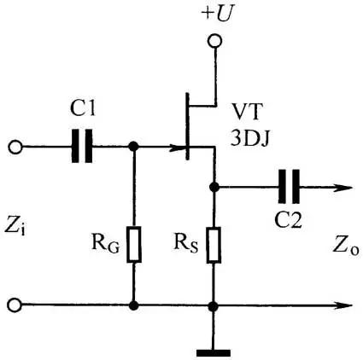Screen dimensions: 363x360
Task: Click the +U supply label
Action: (x=216, y=14)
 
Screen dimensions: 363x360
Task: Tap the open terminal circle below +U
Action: (x=214, y=41)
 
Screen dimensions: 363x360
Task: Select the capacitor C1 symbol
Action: (x=82, y=146)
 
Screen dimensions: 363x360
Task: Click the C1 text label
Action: (x=83, y=108)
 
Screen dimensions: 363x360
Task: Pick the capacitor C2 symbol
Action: (x=289, y=187)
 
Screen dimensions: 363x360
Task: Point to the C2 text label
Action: (x=288, y=219)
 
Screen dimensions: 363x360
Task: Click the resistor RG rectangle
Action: (x=133, y=244)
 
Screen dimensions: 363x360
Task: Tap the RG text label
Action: (x=105, y=244)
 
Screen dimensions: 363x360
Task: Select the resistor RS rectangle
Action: (x=214, y=244)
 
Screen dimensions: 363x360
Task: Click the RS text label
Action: (x=185, y=244)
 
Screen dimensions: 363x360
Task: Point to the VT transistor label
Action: (x=246, y=112)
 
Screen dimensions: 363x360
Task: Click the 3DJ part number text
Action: (x=249, y=138)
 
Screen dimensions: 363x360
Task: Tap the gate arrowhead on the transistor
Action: (x=178, y=148)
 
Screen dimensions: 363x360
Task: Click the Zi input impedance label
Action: (x=15, y=227)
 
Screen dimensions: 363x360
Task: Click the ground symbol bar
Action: (x=214, y=353)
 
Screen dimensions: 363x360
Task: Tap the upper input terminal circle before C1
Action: (x=15, y=148)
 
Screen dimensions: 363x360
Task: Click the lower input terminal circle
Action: (x=15, y=305)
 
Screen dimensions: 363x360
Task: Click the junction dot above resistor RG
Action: (x=133, y=147)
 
